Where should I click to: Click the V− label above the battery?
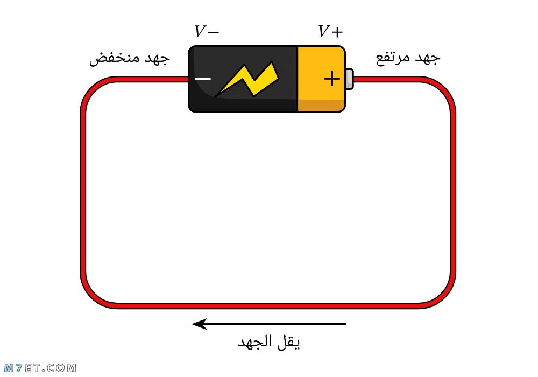[207, 31]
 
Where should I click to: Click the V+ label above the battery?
[330, 31]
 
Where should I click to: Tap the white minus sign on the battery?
[203, 79]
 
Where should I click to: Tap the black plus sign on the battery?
[332, 79]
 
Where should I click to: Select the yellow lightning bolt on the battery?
[247, 79]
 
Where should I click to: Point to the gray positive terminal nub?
[349, 79]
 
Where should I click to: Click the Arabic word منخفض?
[114, 59]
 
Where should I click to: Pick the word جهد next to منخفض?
[157, 59]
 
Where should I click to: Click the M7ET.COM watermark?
[40, 368]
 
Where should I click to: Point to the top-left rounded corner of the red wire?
[92, 88]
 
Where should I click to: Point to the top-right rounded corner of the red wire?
[444, 88]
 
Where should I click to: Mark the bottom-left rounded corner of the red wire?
[92, 297]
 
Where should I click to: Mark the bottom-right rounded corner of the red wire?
[444, 297]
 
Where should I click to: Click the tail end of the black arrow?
[346, 324]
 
